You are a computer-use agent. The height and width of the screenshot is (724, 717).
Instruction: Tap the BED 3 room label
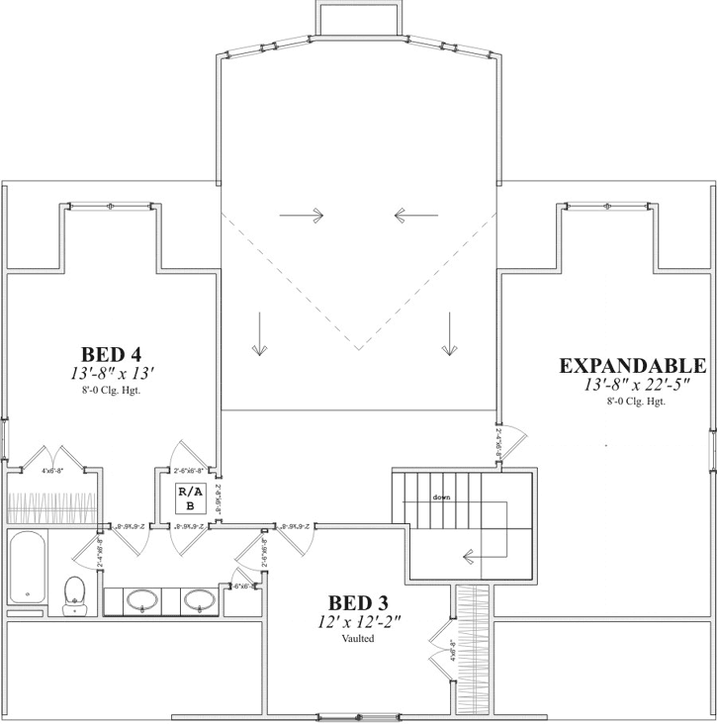point(357,602)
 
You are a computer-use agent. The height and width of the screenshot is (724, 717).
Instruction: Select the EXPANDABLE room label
point(633,365)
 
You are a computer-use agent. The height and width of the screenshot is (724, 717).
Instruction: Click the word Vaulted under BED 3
point(357,638)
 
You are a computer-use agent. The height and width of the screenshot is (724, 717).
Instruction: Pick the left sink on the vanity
point(143,599)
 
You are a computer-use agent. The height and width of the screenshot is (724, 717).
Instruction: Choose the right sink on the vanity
point(202,599)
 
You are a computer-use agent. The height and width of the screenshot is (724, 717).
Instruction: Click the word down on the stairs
point(441,497)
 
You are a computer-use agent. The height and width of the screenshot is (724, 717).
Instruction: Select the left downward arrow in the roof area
point(259,333)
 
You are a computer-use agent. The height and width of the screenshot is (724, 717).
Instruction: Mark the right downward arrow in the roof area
point(450,333)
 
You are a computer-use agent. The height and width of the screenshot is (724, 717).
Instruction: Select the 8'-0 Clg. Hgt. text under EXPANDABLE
point(636,401)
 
